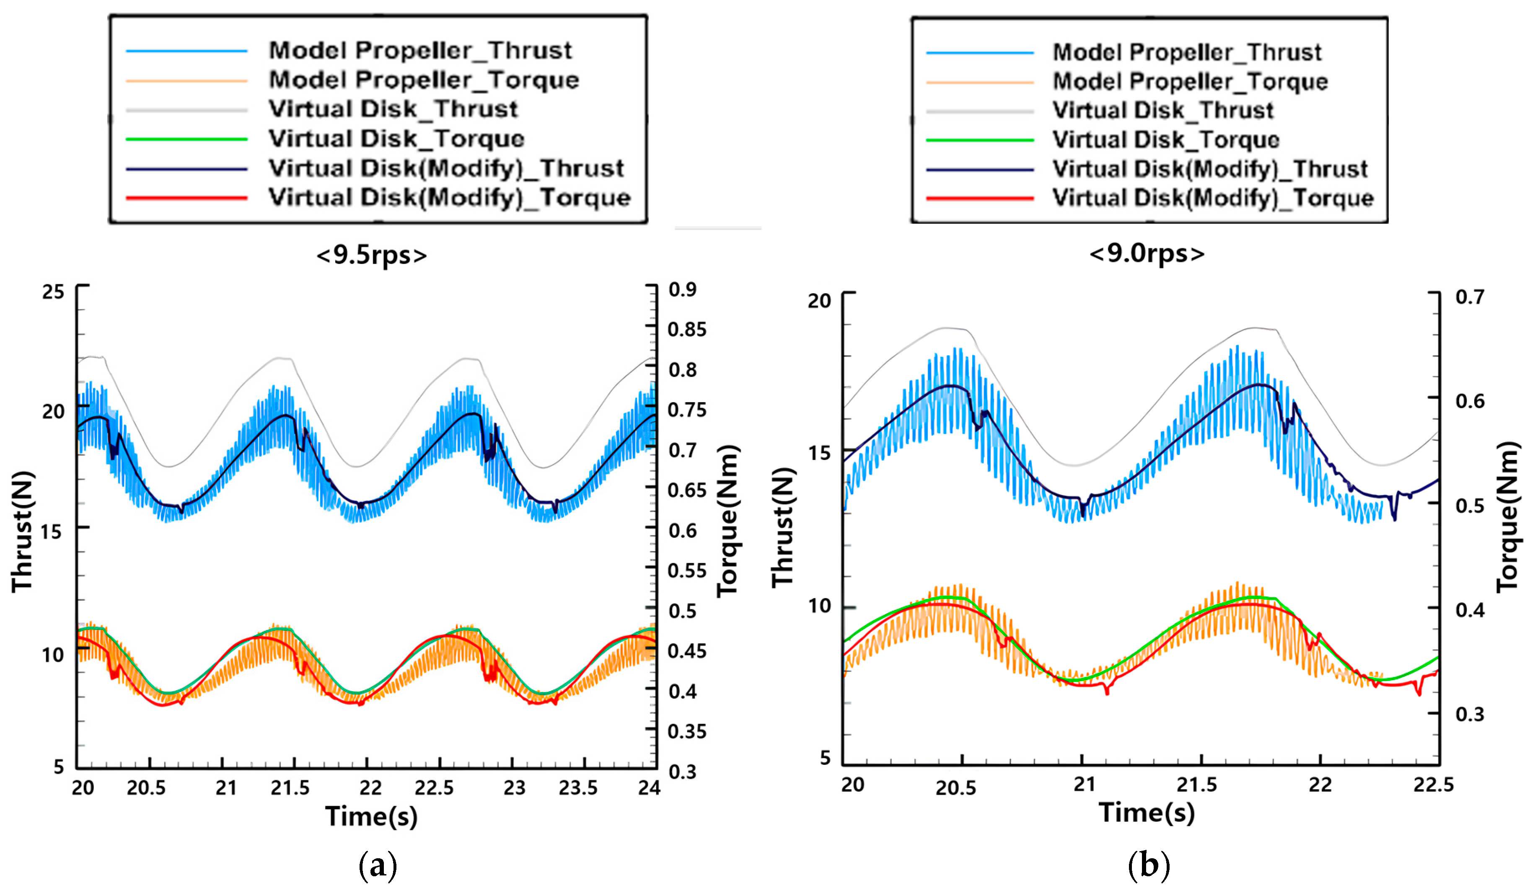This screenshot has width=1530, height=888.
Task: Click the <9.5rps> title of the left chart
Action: coord(372,255)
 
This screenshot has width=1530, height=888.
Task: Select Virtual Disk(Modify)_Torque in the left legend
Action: coord(449,198)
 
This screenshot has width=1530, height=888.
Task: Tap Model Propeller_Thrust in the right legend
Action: coord(1187,52)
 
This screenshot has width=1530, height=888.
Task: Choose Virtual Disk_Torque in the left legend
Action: coord(396,139)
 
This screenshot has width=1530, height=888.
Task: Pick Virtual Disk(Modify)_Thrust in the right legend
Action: coord(1209,169)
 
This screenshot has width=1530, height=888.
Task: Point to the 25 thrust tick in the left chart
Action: coord(53,292)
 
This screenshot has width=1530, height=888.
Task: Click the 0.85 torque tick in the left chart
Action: coord(687,330)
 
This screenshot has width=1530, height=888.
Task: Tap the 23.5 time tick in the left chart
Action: coord(578,788)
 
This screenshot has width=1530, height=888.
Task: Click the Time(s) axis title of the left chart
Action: coord(372,816)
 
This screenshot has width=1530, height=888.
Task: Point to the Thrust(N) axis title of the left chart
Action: coord(23,531)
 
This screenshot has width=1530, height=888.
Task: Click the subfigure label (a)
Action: coord(378,865)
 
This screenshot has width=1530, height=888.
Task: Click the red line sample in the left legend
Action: coord(186,198)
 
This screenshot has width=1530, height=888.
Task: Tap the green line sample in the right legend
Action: coord(979,140)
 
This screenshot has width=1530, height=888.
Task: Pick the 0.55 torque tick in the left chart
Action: coord(687,570)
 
